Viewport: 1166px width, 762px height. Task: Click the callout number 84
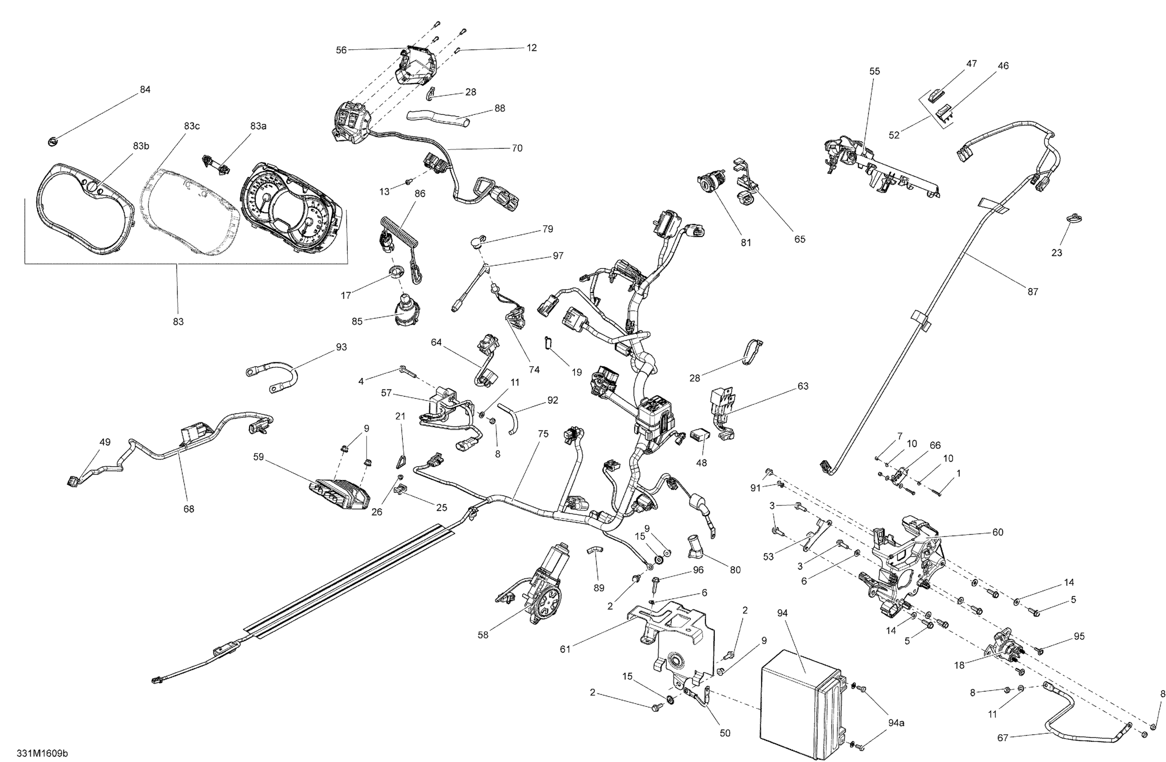coord(145,90)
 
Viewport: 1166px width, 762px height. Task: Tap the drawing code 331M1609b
coord(42,753)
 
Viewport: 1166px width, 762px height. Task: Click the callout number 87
coord(1032,291)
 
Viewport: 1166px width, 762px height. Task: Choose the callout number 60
coord(998,532)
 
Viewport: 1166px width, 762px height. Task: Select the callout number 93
coord(341,347)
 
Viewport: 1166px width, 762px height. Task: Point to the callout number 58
coord(483,635)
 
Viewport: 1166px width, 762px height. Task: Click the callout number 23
coord(1057,252)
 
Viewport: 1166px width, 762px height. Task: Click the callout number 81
coord(746,242)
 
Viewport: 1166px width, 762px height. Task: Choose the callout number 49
coord(105,442)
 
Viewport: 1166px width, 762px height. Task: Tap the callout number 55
coord(875,71)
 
